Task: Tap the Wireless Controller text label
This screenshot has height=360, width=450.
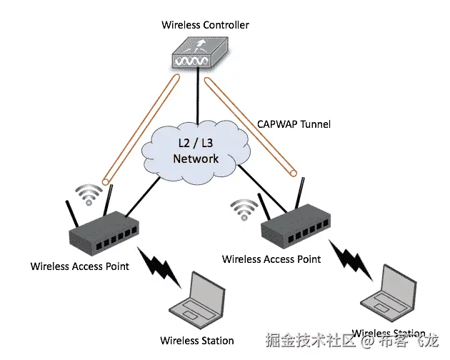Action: (x=205, y=25)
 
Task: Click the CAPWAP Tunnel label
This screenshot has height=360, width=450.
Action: (x=294, y=124)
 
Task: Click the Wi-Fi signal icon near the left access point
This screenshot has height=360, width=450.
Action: (x=90, y=194)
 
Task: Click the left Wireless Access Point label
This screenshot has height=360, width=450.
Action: (x=80, y=266)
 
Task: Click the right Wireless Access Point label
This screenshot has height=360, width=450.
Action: (x=271, y=258)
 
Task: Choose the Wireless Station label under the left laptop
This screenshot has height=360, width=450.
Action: (x=196, y=340)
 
